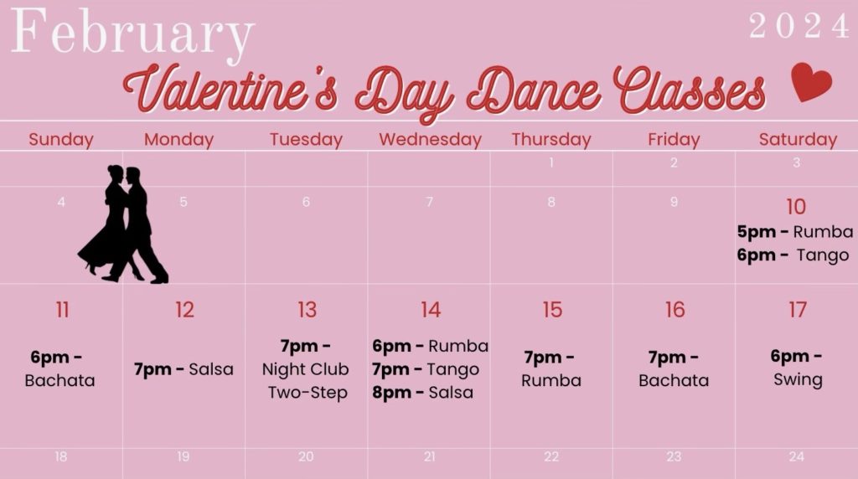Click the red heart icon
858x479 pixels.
811,82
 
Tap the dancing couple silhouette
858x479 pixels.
123,225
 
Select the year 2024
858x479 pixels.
799,27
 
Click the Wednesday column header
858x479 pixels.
430,140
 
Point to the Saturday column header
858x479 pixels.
798,140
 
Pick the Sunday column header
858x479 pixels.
61,140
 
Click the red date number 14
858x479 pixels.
431,310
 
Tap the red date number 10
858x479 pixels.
796,207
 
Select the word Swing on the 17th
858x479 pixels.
798,379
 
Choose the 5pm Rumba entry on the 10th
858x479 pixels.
795,232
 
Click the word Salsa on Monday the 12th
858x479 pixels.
211,369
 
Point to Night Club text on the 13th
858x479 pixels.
306,369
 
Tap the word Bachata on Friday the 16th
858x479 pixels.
674,380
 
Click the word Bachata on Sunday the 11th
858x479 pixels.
59,380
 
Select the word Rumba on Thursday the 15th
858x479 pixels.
551,380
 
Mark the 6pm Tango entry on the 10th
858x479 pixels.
793,255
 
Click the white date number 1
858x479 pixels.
551,163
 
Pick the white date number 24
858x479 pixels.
797,456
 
